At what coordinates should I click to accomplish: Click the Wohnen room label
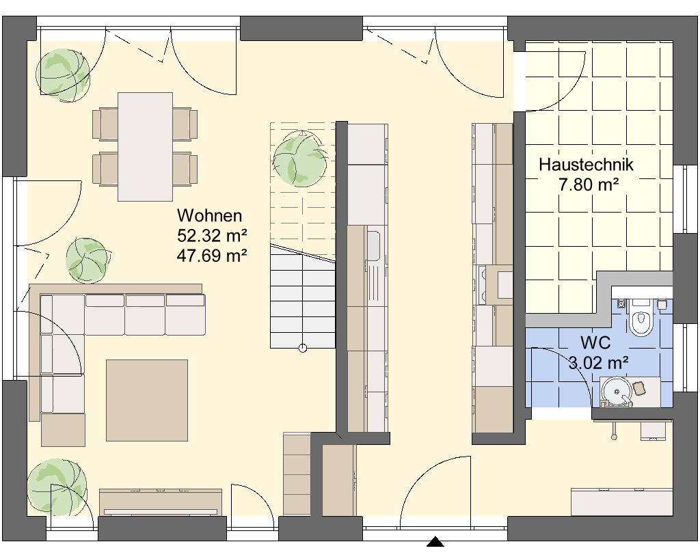pyautogui.click(x=209, y=215)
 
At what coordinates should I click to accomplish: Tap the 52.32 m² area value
pyautogui.click(x=212, y=235)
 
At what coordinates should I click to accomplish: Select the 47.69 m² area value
pyautogui.click(x=212, y=256)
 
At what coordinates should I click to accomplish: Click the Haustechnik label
pyautogui.click(x=586, y=165)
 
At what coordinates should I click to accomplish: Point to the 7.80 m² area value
pyautogui.click(x=589, y=185)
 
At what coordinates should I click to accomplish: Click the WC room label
pyautogui.click(x=595, y=343)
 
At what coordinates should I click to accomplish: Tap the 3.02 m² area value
pyautogui.click(x=598, y=362)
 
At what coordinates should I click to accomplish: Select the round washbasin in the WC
pyautogui.click(x=617, y=392)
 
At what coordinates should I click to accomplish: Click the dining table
pyautogui.click(x=145, y=147)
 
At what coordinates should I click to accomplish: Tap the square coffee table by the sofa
pyautogui.click(x=147, y=400)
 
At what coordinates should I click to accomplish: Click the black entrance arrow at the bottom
pyautogui.click(x=435, y=542)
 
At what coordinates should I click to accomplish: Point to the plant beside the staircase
pyautogui.click(x=299, y=159)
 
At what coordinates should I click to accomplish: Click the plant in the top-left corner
pyautogui.click(x=62, y=74)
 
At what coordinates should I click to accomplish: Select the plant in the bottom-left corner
pyautogui.click(x=56, y=487)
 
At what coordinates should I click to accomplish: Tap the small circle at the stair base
pyautogui.click(x=303, y=348)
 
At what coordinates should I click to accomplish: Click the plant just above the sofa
pyautogui.click(x=88, y=260)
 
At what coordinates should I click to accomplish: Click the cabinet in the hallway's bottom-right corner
pyautogui.click(x=621, y=502)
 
